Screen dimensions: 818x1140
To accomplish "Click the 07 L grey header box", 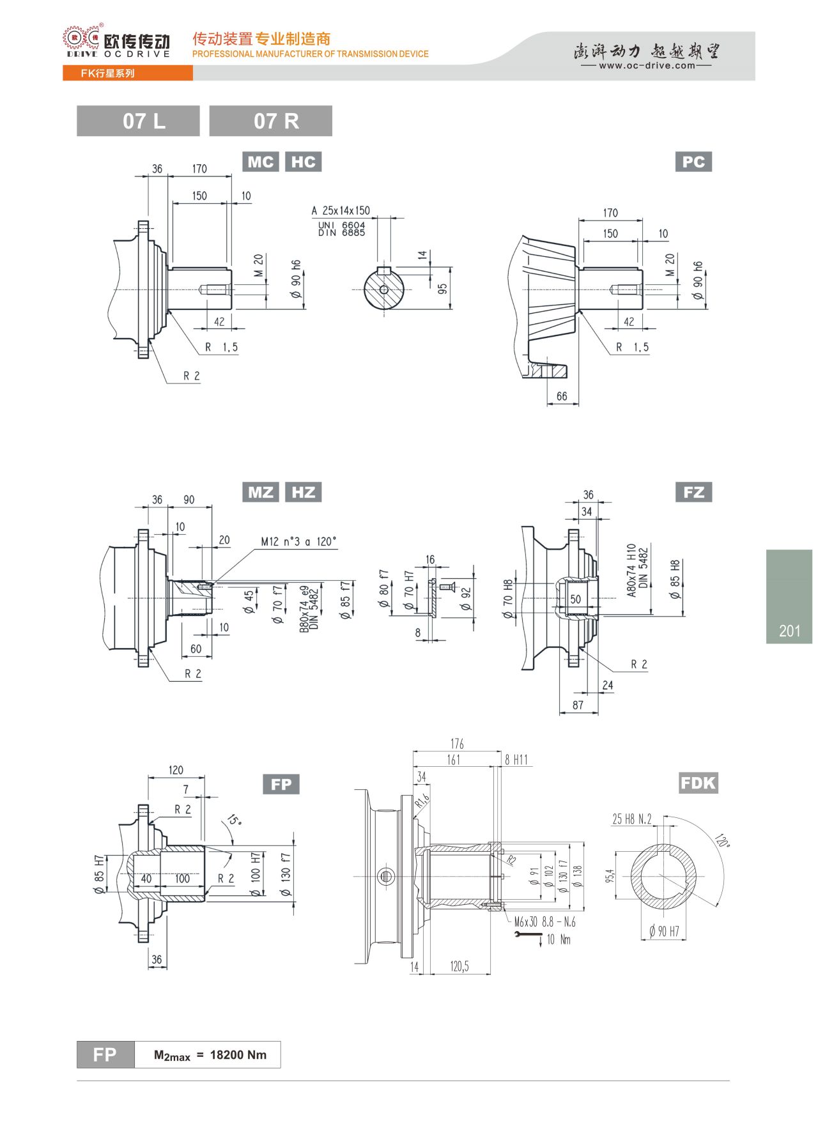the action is pyautogui.click(x=138, y=121).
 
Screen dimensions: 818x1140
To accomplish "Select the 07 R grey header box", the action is pyautogui.click(x=270, y=121).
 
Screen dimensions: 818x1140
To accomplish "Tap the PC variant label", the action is pyautogui.click(x=693, y=162).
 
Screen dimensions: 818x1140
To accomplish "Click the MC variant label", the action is pyautogui.click(x=261, y=162).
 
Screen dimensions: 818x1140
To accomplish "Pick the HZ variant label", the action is pyautogui.click(x=303, y=492).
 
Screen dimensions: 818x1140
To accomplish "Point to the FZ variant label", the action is pyautogui.click(x=693, y=492).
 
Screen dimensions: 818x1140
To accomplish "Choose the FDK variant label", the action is pyautogui.click(x=698, y=783).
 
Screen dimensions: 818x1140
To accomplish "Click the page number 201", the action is pyautogui.click(x=790, y=631).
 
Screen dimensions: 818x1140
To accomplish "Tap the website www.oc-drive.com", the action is pyautogui.click(x=647, y=65).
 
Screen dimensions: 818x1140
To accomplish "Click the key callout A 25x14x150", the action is pyautogui.click(x=341, y=210).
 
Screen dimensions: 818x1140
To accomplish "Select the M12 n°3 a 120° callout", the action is pyautogui.click(x=298, y=542).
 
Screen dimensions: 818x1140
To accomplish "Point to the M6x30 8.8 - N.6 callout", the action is pyautogui.click(x=545, y=922).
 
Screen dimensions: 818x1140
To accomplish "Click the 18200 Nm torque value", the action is pyautogui.click(x=238, y=1055).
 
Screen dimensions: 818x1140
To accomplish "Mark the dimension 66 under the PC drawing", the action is pyautogui.click(x=562, y=396).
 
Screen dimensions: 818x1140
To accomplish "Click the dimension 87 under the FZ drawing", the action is pyautogui.click(x=578, y=705).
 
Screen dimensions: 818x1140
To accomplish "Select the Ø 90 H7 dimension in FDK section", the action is pyautogui.click(x=664, y=932).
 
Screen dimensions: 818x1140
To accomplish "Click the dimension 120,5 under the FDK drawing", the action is pyautogui.click(x=459, y=966).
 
